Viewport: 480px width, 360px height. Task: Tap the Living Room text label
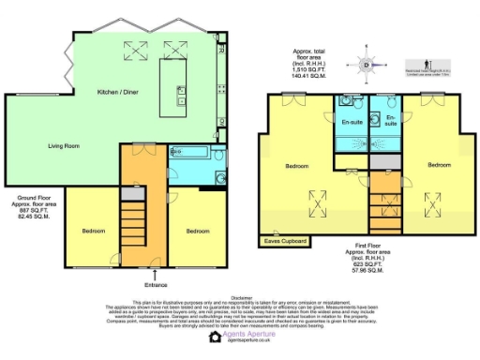(64, 146)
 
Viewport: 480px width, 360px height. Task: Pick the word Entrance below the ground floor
(156, 284)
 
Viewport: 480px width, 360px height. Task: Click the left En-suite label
(352, 123)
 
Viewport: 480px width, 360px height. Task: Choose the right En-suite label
(390, 123)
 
